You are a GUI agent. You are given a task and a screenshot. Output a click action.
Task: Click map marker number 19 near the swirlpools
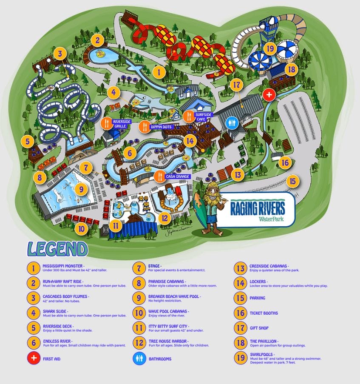tap(269, 48)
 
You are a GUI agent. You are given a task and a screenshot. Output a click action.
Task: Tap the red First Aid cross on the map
tap(269, 94)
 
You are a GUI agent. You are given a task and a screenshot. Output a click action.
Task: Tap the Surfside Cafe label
tap(203, 117)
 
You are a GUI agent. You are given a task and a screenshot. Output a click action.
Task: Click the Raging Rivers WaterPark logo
tap(258, 208)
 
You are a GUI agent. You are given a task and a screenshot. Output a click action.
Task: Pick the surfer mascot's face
tap(211, 199)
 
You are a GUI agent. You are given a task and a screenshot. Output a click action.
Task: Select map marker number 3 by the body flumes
tap(60, 54)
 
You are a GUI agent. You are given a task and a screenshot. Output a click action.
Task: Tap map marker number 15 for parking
tap(292, 181)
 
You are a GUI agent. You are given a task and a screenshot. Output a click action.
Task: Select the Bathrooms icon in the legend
tap(139, 358)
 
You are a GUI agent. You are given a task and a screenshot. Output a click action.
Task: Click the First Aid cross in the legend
tap(33, 358)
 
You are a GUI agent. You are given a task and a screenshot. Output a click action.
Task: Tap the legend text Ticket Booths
tap(264, 313)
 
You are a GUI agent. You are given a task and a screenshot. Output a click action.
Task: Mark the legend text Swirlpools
tap(262, 354)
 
